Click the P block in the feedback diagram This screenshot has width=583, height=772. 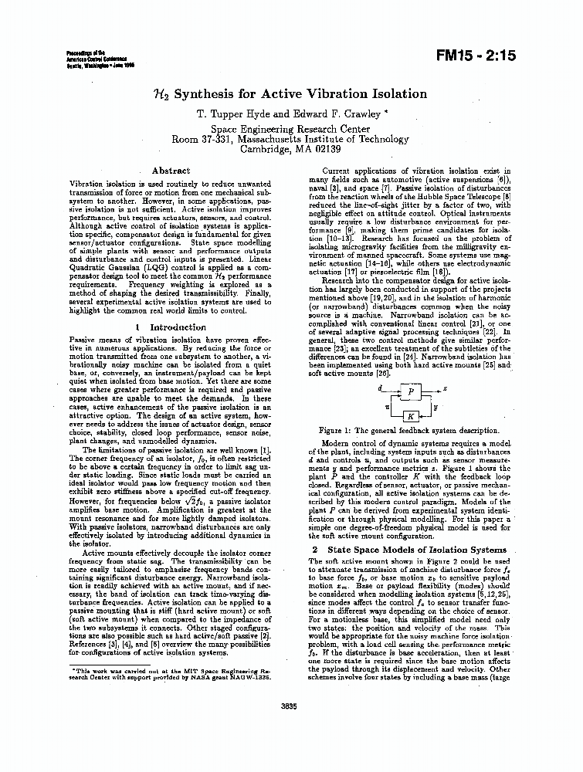pos(411,391)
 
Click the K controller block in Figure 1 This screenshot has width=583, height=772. pos(411,415)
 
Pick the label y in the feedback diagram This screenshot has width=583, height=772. pos(436,405)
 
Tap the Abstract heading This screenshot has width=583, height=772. pos(171,171)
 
